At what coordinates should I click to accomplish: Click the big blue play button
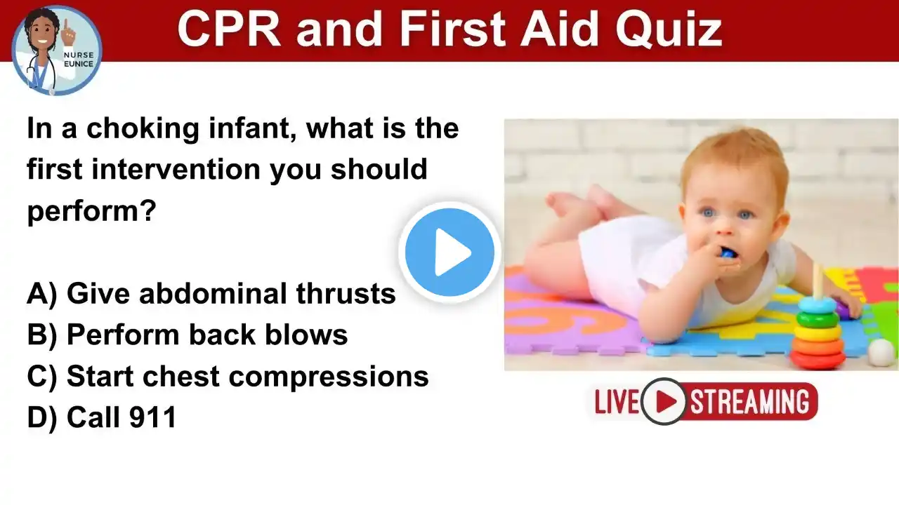[449, 252]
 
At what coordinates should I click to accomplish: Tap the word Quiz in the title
[669, 29]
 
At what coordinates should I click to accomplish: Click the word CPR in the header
[229, 29]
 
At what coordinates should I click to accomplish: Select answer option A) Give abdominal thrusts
[211, 293]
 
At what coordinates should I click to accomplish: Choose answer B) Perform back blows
[187, 335]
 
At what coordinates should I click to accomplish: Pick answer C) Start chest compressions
[228, 377]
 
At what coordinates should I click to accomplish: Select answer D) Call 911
[102, 417]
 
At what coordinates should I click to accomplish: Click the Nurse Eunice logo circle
[57, 51]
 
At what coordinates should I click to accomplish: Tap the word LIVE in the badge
[617, 401]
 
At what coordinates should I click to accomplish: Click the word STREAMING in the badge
[749, 402]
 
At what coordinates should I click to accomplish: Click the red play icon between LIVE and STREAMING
[664, 401]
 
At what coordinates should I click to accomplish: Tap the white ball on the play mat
[881, 353]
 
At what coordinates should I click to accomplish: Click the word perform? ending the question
[91, 212]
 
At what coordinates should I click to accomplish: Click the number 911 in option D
[152, 417]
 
